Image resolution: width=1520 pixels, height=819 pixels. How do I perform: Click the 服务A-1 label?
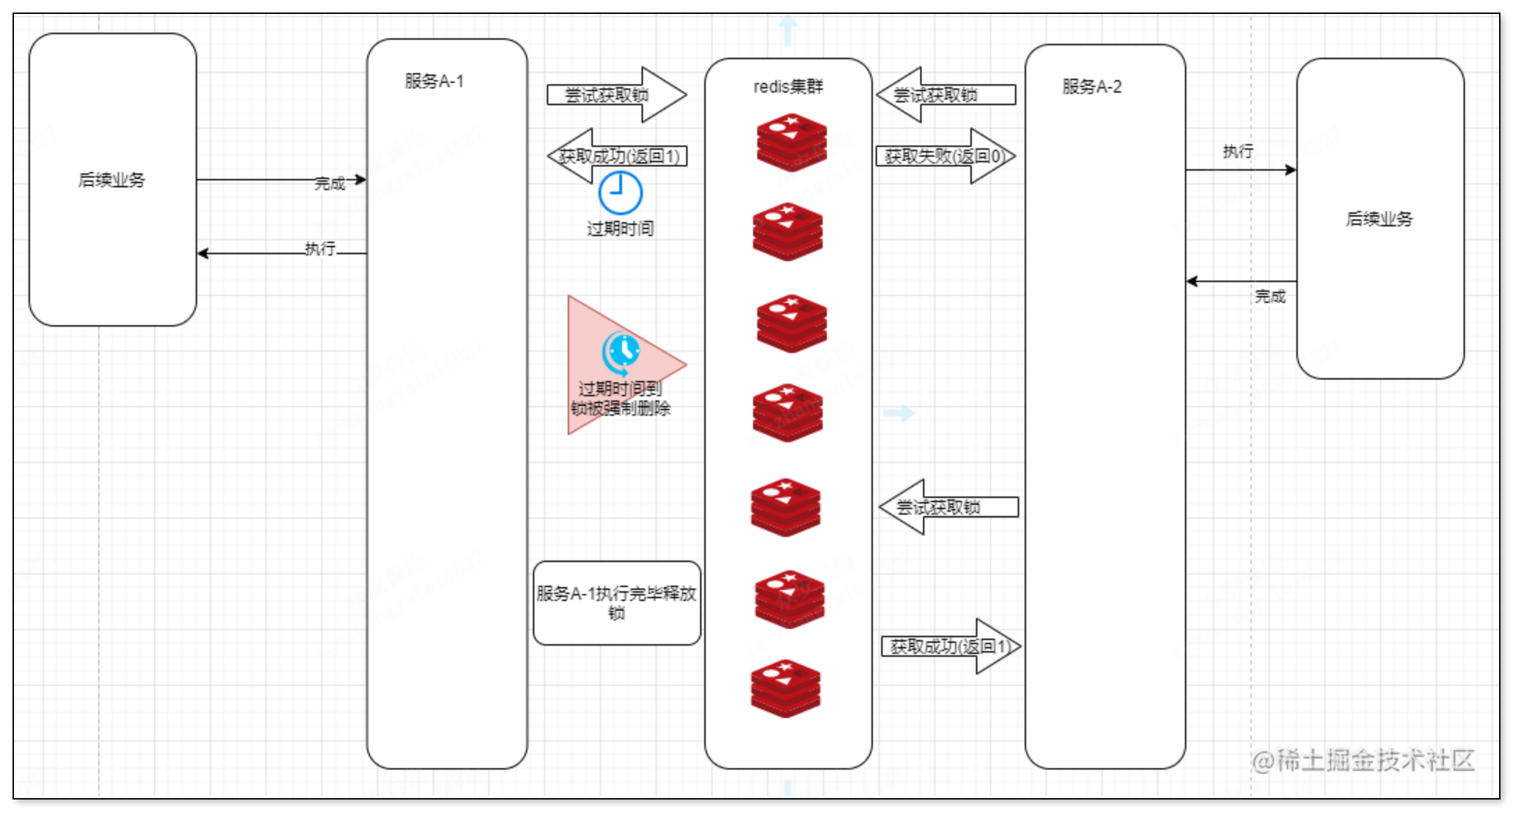434,81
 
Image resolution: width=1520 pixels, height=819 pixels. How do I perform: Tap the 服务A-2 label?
1092,87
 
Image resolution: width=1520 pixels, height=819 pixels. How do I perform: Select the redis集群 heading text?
788,87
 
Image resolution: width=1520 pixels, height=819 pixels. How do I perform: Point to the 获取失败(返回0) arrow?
945,156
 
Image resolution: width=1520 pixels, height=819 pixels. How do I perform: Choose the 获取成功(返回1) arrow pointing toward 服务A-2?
950,646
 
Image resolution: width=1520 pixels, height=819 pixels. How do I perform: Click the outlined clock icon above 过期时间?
620,193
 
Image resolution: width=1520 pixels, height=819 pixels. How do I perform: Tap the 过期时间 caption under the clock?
620,228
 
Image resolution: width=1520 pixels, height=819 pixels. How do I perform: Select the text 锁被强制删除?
620,408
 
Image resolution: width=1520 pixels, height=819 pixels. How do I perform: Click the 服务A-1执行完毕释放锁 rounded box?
616,603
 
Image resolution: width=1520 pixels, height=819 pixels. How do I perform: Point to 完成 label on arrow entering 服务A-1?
329,184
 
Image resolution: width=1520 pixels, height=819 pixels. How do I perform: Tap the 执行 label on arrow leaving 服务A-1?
320,249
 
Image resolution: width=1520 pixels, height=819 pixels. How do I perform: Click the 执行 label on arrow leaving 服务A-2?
1238,151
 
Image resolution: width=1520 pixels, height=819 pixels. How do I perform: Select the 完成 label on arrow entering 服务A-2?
1270,297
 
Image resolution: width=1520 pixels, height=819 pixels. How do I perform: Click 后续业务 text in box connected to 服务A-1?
111,180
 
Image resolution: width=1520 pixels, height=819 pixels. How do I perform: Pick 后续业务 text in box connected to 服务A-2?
1379,219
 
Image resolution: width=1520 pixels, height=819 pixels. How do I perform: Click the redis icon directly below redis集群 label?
792,143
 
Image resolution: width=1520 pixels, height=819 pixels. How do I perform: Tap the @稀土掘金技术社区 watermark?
1363,760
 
